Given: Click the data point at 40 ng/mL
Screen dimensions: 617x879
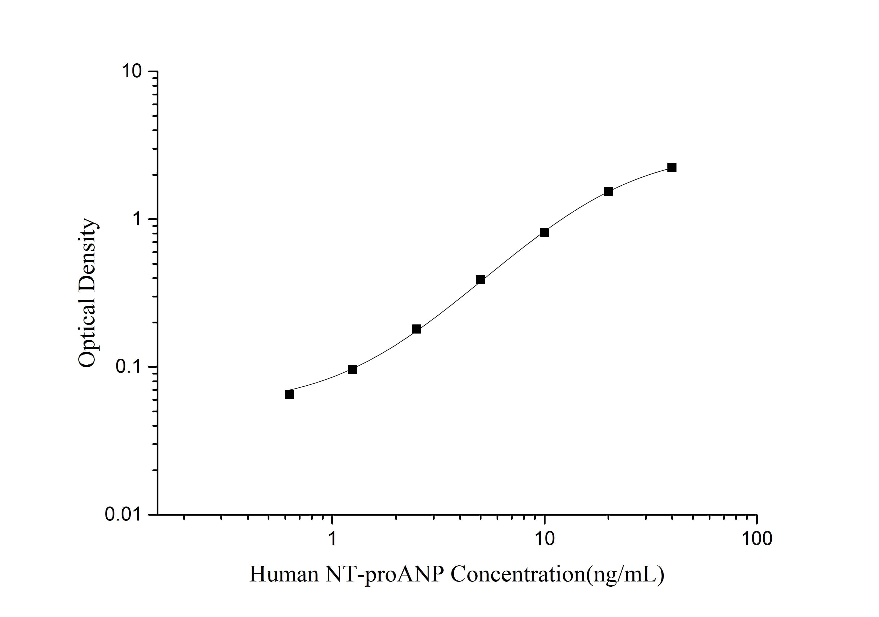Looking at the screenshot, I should click(x=672, y=168).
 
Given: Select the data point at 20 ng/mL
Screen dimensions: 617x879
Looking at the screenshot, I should click(x=608, y=191).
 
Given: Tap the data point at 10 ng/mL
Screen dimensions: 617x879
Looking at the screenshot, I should click(x=544, y=232).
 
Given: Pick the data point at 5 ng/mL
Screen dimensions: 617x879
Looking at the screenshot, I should click(x=480, y=280).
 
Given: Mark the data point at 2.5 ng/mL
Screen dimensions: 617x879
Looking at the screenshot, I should click(x=416, y=329).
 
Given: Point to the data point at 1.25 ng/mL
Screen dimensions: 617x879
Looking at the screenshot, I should click(x=353, y=369).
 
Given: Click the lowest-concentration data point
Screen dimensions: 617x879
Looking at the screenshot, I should click(x=289, y=394).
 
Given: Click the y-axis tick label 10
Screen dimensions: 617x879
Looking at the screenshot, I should click(x=131, y=71).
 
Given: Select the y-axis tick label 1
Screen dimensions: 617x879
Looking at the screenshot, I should click(x=136, y=219).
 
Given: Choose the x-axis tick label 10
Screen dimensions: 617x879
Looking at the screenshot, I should click(x=544, y=538).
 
